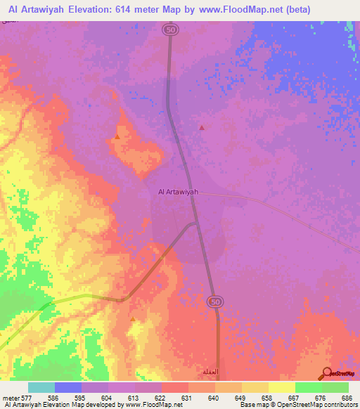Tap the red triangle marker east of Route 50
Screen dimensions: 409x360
click(x=202, y=128)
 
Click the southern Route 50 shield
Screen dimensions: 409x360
click(x=214, y=301)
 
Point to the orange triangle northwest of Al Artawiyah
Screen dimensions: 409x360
click(x=117, y=136)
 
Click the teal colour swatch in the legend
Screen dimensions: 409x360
click(x=41, y=387)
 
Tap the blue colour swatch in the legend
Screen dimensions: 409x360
click(x=68, y=387)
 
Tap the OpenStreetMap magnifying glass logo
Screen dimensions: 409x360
click(x=326, y=373)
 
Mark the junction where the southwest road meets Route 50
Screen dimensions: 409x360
click(x=195, y=224)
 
